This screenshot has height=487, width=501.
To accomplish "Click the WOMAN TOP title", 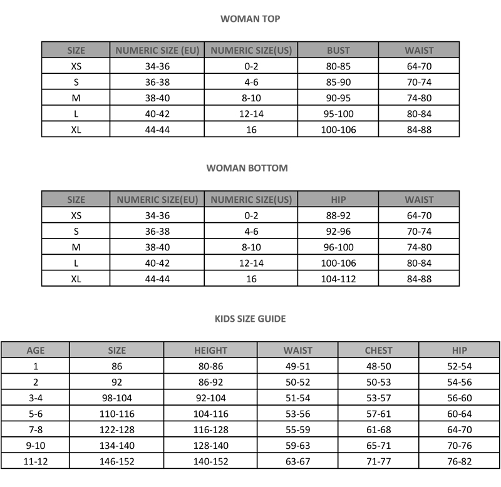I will [x=250, y=19].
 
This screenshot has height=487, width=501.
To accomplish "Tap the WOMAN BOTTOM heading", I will [x=247, y=168].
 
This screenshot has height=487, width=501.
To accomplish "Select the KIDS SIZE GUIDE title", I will [x=250, y=319].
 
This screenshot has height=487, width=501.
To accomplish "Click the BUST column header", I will [x=338, y=50].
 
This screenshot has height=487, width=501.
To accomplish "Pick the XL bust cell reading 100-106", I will [x=338, y=130].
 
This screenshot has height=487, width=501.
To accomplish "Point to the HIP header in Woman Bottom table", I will [x=338, y=200].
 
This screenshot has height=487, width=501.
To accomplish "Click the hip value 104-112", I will [x=338, y=279].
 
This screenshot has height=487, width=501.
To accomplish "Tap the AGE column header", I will [x=35, y=351].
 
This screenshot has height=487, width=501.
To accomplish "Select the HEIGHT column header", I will [x=210, y=351].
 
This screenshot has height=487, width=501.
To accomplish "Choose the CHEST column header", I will [x=378, y=351].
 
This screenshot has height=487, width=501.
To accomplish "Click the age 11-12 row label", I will [x=35, y=461].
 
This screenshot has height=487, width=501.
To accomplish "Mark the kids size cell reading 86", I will [x=116, y=366].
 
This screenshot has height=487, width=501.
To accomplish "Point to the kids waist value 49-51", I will [x=297, y=366].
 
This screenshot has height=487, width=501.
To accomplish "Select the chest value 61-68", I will [x=378, y=429].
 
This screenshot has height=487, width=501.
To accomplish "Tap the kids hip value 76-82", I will [x=459, y=461].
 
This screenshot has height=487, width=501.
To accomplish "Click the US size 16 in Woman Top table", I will [x=251, y=130].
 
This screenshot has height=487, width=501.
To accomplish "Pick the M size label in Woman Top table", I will [x=76, y=98].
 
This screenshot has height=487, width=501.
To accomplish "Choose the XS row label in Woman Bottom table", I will [x=76, y=215].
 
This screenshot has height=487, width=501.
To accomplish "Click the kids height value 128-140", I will [x=210, y=445].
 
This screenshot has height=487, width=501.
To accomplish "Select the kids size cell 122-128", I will [x=116, y=429].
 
